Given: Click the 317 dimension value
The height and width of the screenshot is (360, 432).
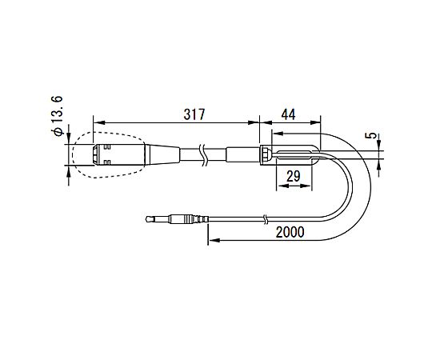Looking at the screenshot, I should tap(192, 114).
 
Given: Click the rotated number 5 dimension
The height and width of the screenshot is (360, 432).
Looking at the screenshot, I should tap(370, 136).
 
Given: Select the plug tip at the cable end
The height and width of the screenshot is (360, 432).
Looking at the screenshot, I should tap(152, 218).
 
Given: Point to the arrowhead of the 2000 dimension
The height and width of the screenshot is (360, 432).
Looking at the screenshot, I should tap(210, 238).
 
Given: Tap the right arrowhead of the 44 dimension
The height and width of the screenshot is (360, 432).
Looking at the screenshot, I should tap(318, 122).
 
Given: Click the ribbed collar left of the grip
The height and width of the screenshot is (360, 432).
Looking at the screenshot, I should tap(263, 153).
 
